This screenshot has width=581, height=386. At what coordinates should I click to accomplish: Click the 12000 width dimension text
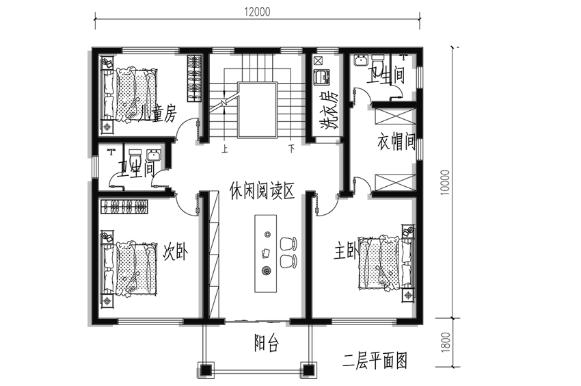pyautogui.click(x=257, y=12)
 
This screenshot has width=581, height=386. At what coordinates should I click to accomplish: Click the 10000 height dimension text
pyautogui.click(x=446, y=182)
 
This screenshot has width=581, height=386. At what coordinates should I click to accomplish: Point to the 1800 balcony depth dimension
pyautogui.click(x=446, y=342)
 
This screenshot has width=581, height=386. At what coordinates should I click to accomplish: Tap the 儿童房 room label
pyautogui.click(x=157, y=113)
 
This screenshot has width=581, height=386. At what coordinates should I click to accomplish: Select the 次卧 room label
pyautogui.click(x=175, y=251)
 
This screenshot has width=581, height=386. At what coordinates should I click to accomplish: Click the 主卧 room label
pyautogui.click(x=345, y=251)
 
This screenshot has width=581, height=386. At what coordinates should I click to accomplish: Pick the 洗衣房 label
pyautogui.click(x=329, y=110)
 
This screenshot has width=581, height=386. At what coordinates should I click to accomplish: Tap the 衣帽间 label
pyautogui.click(x=396, y=142)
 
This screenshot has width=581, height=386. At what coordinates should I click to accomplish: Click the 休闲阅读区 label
pyautogui.click(x=262, y=190)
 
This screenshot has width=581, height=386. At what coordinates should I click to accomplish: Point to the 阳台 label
pyautogui.click(x=266, y=343)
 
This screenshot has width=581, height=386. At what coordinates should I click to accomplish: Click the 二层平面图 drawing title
pyautogui.click(x=375, y=361)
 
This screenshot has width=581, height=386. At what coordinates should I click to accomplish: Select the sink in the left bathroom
pyautogui.click(x=153, y=155)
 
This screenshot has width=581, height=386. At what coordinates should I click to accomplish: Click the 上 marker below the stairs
pyautogui.click(x=225, y=149)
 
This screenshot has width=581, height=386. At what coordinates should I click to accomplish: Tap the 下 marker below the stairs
pyautogui.click(x=292, y=149)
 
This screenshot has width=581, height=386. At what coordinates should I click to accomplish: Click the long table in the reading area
pyautogui.click(x=266, y=254)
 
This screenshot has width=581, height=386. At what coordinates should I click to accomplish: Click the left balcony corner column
pyautogui.click(x=206, y=370)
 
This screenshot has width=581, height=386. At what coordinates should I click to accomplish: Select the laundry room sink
pyautogui.click(x=322, y=77)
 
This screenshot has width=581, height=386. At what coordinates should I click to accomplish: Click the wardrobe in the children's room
pyautogui.click(x=194, y=78)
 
